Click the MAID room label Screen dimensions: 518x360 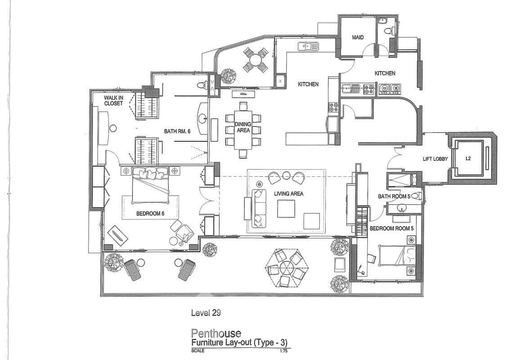click(357, 37)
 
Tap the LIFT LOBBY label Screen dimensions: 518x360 click(435, 159)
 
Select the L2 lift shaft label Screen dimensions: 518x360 click(468, 158)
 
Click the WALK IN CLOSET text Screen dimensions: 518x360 click(114, 100)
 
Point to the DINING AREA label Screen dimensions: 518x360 click(243, 127)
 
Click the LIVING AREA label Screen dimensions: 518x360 click(288, 193)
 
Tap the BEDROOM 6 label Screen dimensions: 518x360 click(150, 213)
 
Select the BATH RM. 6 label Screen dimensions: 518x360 click(177, 131)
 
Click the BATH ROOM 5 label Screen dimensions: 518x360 click(394, 196)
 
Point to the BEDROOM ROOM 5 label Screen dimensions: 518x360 click(392, 228)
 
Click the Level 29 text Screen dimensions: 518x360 click(206, 312)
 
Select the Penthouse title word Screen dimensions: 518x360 click(216, 333)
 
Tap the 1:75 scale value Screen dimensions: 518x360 click(284, 351)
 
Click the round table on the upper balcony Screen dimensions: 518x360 click(255, 60)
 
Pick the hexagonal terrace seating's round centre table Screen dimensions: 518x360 click(286, 267)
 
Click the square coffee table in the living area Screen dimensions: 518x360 click(286, 209)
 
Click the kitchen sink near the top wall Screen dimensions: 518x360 click(308, 46)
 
